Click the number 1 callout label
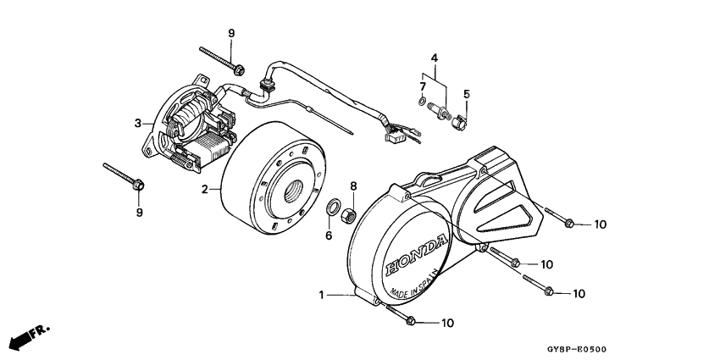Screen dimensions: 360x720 321,295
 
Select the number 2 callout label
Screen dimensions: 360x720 204,190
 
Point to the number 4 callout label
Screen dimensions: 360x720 434,58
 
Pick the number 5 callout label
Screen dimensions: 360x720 465,93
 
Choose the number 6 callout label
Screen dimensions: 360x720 329,235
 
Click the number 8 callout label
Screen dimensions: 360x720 354,186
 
